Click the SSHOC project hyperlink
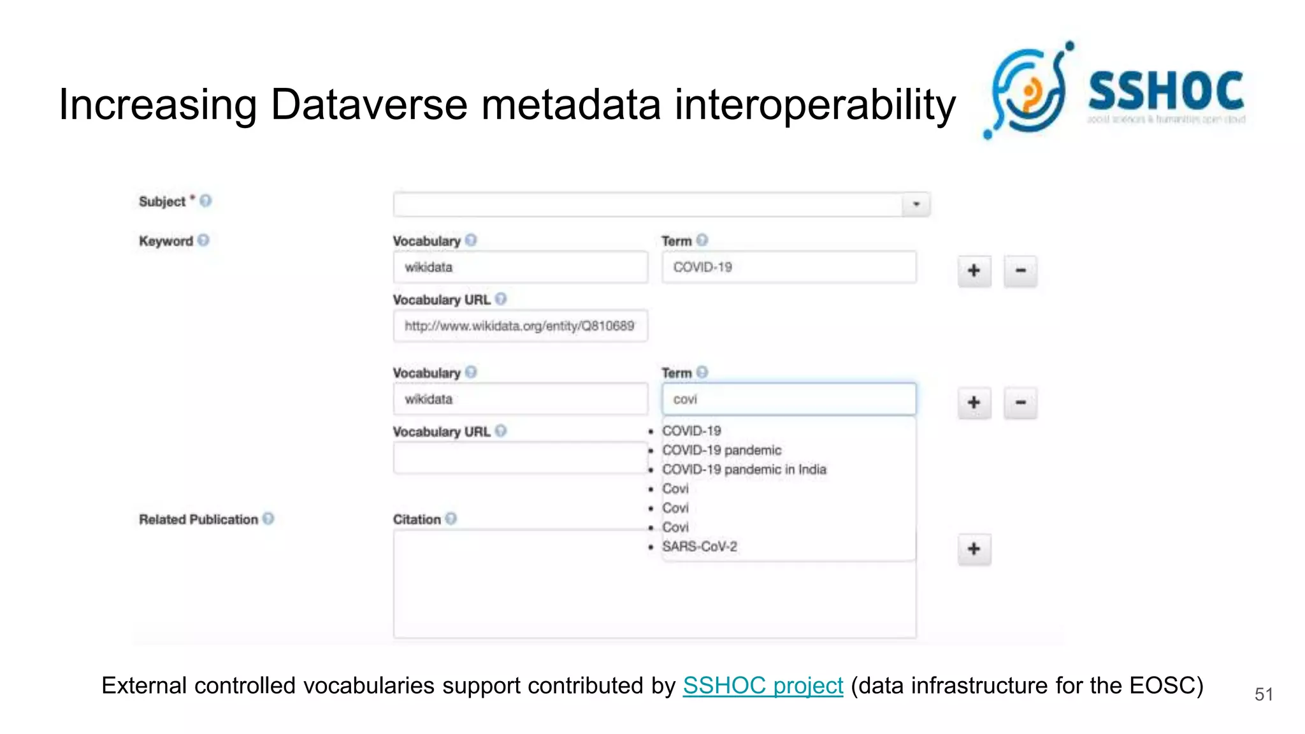(762, 686)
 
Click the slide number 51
(1264, 694)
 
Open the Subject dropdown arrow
(916, 205)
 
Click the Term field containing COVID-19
(788, 268)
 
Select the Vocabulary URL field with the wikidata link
(520, 326)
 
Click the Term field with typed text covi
(788, 399)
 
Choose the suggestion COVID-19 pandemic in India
(744, 470)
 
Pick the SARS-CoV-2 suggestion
(699, 547)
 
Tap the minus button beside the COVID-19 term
(1020, 271)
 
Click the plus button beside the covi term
(974, 403)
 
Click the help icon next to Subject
(205, 201)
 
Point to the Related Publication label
(198, 520)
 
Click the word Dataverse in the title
(369, 104)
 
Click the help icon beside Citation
(451, 519)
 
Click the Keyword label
(166, 241)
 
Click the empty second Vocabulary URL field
(520, 458)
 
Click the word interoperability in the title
(815, 104)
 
